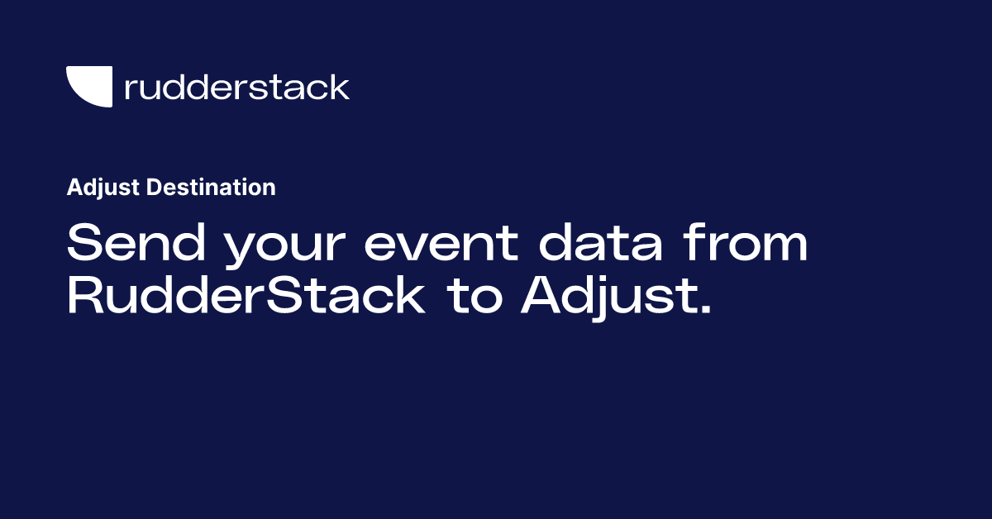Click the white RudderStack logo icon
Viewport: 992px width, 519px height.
point(88,85)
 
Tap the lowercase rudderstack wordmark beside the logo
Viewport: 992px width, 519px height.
point(236,87)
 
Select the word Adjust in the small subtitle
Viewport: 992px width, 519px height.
point(103,188)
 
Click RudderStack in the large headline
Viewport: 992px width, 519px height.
point(246,297)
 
